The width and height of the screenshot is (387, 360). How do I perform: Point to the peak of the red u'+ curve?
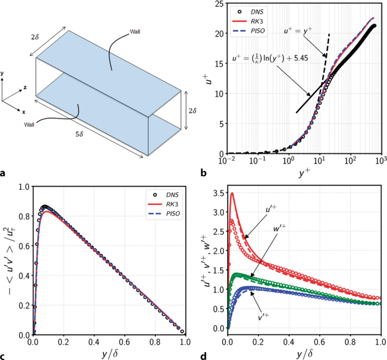[232, 193]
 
